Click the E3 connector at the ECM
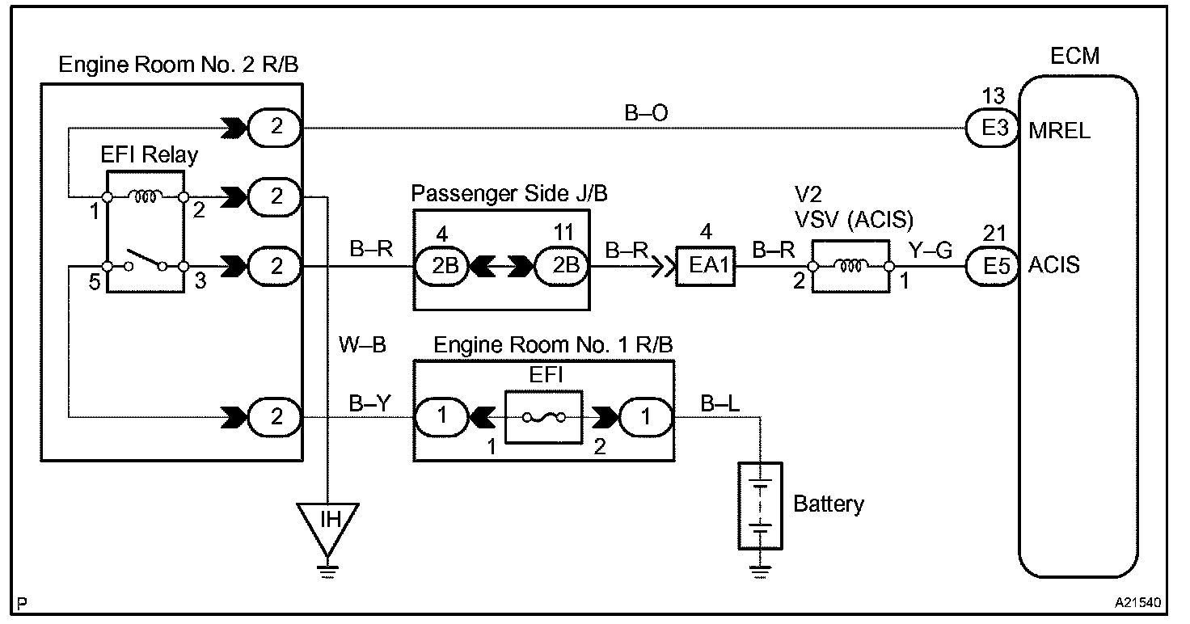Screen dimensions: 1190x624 click(x=992, y=128)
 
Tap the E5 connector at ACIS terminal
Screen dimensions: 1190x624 click(x=992, y=266)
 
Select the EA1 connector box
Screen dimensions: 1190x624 click(x=706, y=266)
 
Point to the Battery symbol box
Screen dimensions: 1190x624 click(x=760, y=505)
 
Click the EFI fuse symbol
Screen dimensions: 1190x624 click(x=543, y=417)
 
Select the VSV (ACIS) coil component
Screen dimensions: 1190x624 click(x=850, y=266)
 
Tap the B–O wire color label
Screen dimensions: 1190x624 click(x=646, y=112)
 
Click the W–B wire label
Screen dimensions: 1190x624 click(x=362, y=344)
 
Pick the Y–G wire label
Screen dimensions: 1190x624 click(x=930, y=250)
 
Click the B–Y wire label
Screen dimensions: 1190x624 click(x=369, y=403)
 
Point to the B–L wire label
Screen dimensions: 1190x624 click(x=719, y=403)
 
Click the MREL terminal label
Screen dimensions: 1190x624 click(x=1059, y=131)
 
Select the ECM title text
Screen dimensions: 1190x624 click(x=1074, y=56)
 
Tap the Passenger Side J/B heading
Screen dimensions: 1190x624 click(x=509, y=193)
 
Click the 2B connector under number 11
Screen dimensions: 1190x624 click(x=562, y=266)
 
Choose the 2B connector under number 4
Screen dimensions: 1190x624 click(x=441, y=266)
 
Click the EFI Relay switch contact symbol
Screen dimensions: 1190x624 click(x=146, y=263)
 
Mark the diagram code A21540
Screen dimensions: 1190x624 click(x=1138, y=603)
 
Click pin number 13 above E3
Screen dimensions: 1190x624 click(x=993, y=96)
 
